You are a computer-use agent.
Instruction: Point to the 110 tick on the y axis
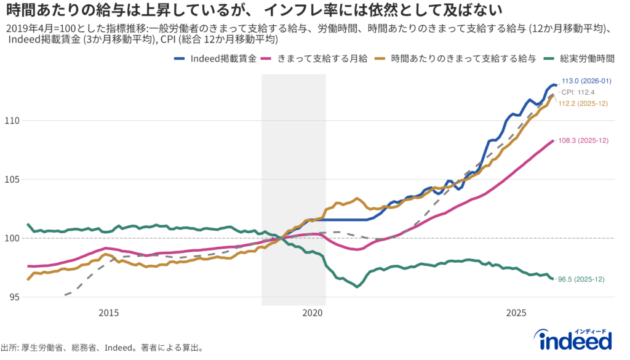coord(14,121)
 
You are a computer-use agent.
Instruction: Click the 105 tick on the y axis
coord(14,179)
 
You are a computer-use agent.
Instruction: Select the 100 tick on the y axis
coord(14,238)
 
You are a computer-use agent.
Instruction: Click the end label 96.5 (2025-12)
coord(582,279)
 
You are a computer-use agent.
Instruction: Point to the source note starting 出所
coord(102,348)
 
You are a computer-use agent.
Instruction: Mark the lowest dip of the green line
coord(357,287)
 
